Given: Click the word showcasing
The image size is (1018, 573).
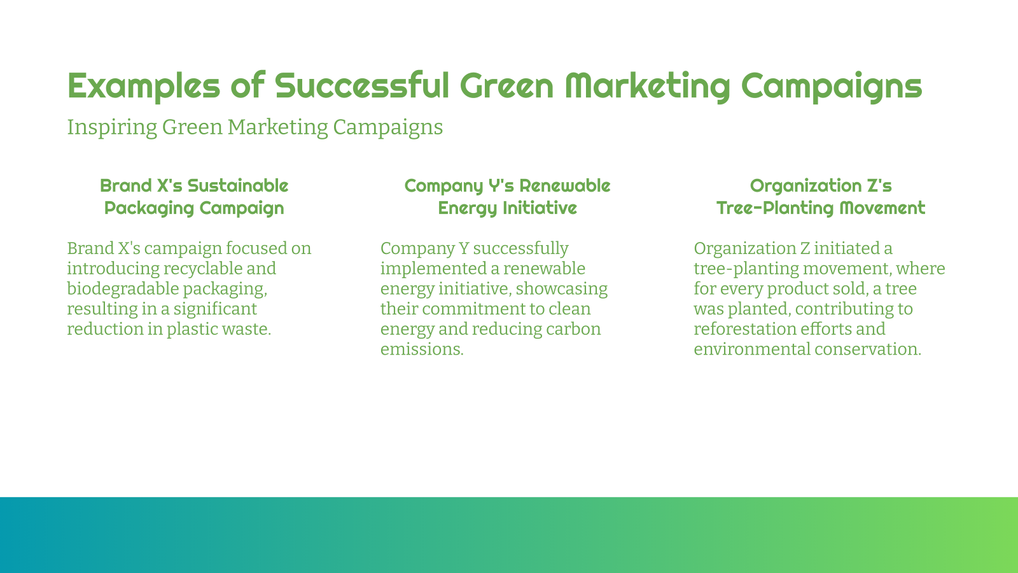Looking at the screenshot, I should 562,289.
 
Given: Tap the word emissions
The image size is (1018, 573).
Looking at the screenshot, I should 422,350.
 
